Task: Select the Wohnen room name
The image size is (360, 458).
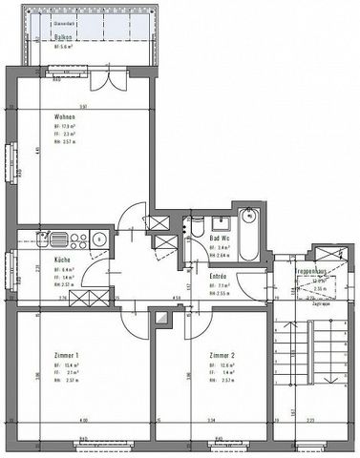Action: [x=39, y=117]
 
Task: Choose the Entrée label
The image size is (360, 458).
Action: [x=218, y=275]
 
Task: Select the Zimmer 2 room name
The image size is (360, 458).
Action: [x=222, y=353]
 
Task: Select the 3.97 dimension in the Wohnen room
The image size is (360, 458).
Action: [x=84, y=105]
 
